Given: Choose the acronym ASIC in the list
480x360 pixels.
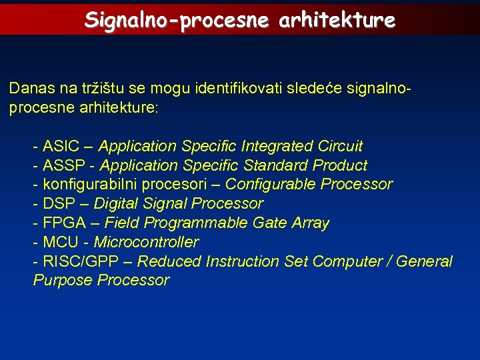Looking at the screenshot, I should click(x=61, y=146).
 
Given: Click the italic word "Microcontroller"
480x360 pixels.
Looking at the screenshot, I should click(x=146, y=242).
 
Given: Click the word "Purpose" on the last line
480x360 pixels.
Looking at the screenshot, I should click(x=63, y=281).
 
